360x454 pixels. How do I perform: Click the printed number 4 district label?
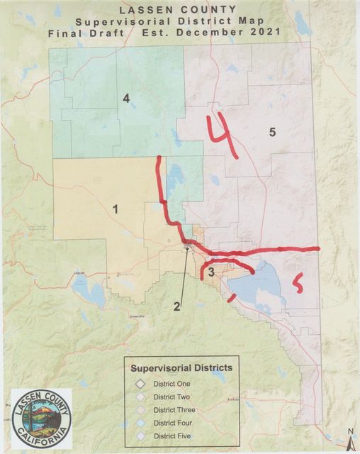(x=126, y=99)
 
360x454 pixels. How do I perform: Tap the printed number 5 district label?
(x=271, y=131)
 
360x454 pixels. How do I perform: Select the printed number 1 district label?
(x=115, y=209)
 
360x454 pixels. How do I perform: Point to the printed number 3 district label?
(x=211, y=275)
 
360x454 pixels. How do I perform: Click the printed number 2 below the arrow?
(x=177, y=306)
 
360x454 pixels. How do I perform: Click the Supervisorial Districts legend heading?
(x=181, y=368)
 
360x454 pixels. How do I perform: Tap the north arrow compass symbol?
(x=349, y=441)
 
